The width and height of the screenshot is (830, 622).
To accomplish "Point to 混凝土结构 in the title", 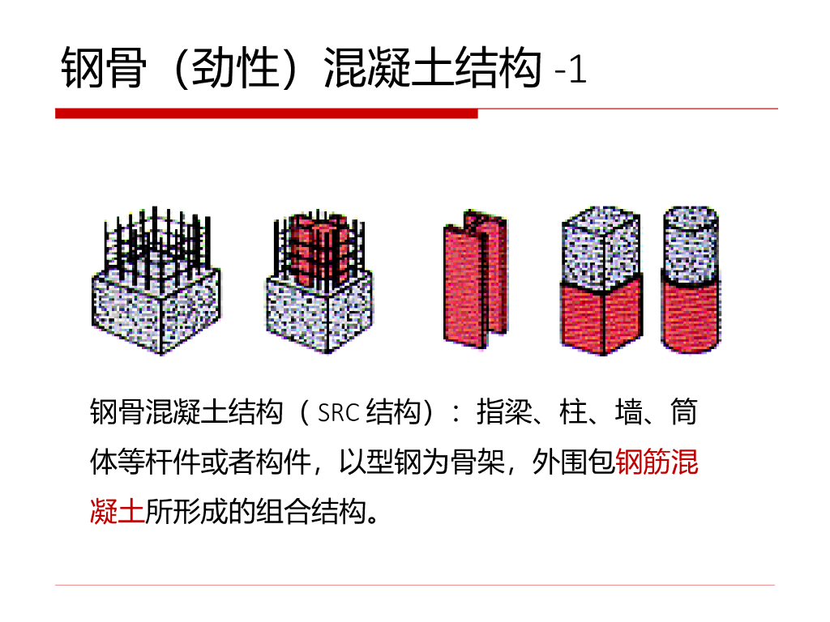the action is click(432, 68).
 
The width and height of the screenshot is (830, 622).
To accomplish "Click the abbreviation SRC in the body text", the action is click(338, 414).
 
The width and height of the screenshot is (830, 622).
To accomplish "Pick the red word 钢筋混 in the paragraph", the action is click(657, 462).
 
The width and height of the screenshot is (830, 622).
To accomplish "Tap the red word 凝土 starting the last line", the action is click(117, 511).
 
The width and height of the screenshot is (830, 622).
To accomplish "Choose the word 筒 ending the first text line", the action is click(684, 414).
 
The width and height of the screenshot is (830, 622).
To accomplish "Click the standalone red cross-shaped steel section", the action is click(474, 279).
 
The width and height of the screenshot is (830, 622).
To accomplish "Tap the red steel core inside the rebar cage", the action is click(318, 247).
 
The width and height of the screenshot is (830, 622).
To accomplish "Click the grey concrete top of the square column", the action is click(601, 243).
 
